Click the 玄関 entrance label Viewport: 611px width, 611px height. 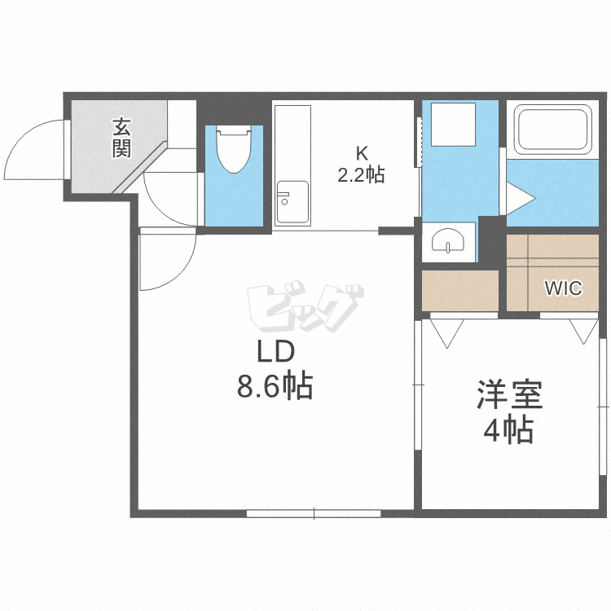(x=121, y=138)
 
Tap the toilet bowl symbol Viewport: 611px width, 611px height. (x=234, y=149)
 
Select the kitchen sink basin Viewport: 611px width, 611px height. (x=292, y=202)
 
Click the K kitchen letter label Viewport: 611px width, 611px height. (x=362, y=153)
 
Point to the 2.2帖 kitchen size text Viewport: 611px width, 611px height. (x=361, y=174)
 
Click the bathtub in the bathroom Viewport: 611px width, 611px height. (x=552, y=131)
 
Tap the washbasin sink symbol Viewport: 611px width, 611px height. (x=448, y=240)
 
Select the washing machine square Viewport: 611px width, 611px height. (x=453, y=125)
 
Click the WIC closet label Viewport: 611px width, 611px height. (x=564, y=288)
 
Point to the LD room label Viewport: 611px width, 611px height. (x=276, y=352)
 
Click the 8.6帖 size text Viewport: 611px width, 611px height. (x=275, y=386)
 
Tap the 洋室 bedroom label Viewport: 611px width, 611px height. (x=510, y=394)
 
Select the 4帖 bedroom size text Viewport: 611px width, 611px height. (x=508, y=429)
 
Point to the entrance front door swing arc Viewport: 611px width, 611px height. (x=24, y=139)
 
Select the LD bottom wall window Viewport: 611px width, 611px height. (x=314, y=513)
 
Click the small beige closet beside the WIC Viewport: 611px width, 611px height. (x=460, y=291)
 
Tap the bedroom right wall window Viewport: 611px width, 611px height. (x=603, y=407)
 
